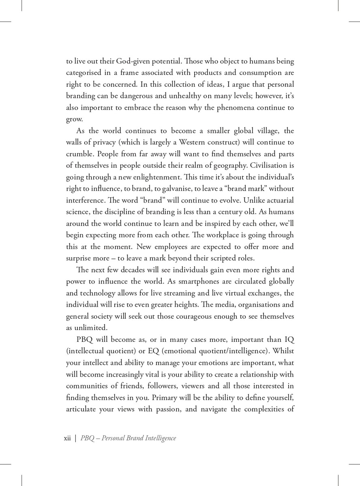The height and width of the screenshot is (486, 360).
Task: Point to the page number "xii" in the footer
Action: [69, 439]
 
